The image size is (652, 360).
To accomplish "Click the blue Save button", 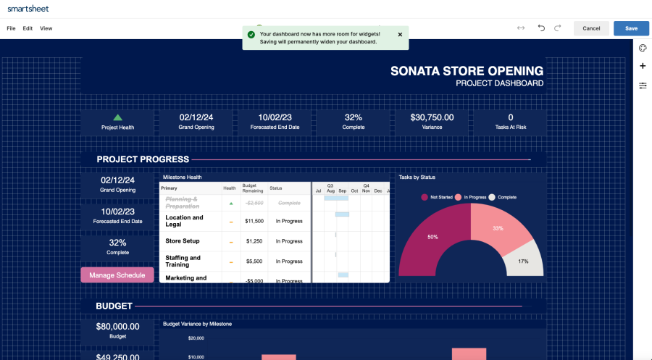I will [631, 28].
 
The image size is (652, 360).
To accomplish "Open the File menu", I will [11, 28].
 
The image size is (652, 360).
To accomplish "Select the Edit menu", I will [28, 28].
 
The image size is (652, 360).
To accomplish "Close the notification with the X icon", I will [400, 34].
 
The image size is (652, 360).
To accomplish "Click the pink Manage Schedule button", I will [117, 275].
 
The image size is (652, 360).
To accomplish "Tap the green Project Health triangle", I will [117, 117].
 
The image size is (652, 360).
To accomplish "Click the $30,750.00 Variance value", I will [432, 117].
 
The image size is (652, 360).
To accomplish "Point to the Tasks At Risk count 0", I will [510, 117].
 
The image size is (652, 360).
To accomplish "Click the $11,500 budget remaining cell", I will [254, 221].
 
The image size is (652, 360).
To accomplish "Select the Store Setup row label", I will [183, 241].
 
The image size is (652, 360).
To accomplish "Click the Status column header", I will [276, 188].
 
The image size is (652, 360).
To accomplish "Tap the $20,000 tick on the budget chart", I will [196, 338].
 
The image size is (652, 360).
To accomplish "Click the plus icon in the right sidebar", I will [643, 66].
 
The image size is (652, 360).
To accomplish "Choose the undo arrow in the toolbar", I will [540, 28].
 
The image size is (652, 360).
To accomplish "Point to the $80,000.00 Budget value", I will [117, 327].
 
